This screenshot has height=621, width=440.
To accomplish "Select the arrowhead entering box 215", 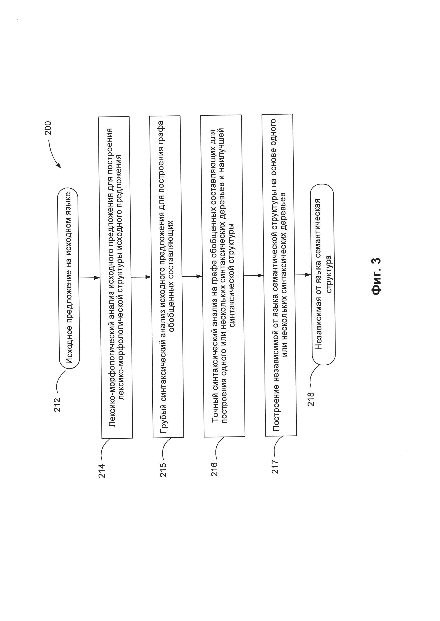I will pyautogui.click(x=148, y=277).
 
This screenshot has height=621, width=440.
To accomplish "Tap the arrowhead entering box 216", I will pyautogui.click(x=199, y=276).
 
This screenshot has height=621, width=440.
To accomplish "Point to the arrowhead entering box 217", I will pyautogui.click(x=261, y=276).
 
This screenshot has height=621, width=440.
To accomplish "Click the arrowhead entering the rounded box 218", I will pyautogui.click(x=308, y=275).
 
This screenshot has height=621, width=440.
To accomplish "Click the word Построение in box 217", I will pyautogui.click(x=276, y=411).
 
